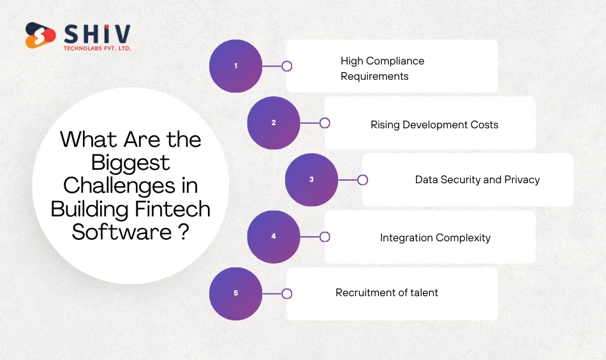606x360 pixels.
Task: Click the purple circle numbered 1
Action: tap(235, 66)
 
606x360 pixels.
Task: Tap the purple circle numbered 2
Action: tap(274, 123)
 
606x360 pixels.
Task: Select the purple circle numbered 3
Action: tap(311, 179)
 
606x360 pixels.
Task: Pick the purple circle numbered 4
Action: tap(274, 236)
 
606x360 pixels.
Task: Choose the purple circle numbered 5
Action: tap(235, 293)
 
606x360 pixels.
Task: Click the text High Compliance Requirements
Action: tap(382, 68)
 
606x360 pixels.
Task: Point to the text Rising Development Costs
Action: tap(434, 124)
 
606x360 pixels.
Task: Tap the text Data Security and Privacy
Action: tap(477, 179)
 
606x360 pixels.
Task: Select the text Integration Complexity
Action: tap(435, 237)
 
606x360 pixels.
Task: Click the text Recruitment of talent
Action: tap(387, 292)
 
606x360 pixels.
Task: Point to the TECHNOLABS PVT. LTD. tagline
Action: tap(97, 49)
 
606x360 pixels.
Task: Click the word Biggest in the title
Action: tap(130, 162)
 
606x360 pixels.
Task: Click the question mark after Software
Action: tap(183, 231)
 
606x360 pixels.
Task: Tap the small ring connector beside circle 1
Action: tap(287, 66)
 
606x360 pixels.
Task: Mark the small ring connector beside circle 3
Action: tap(362, 180)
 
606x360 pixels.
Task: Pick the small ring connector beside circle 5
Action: tap(287, 294)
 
